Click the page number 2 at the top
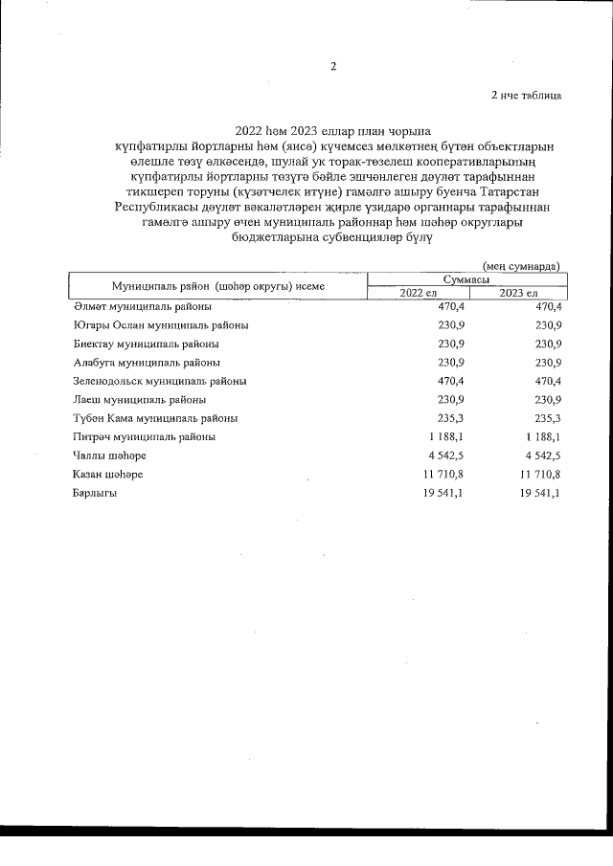pos(332,66)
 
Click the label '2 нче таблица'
pos(525,95)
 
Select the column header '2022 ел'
pos(418,292)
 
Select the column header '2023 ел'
pos(518,292)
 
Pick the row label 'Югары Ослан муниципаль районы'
pos(161,325)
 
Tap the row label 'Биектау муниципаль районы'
pos(146,344)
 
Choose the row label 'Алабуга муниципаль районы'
pos(147,363)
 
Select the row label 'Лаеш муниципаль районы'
pos(139,399)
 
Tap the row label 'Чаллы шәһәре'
pos(108,455)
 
